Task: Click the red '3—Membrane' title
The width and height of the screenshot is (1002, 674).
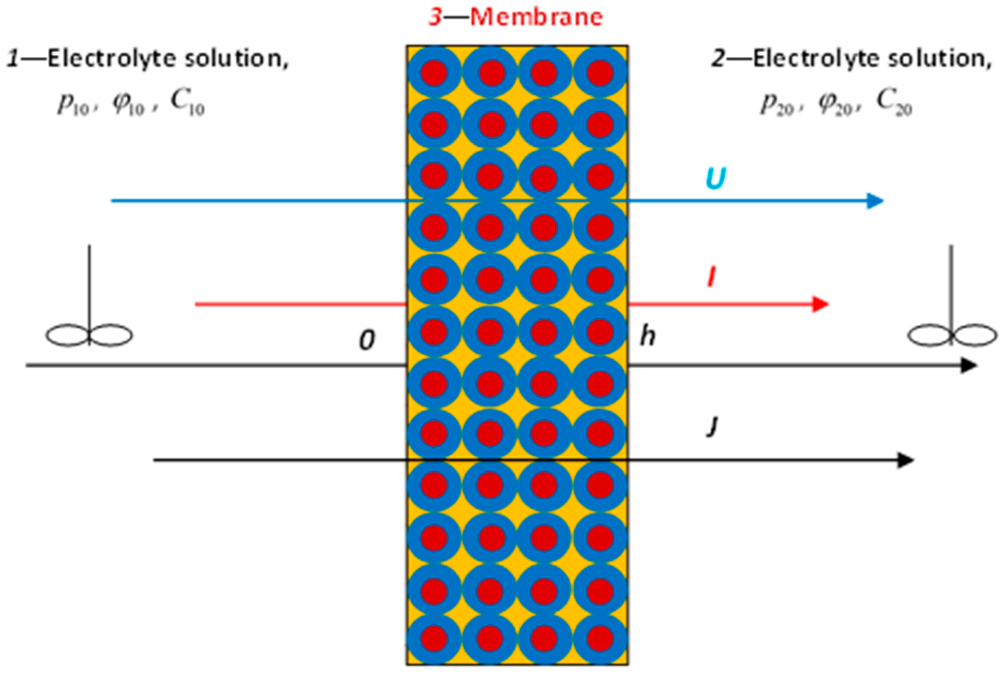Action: pos(516,17)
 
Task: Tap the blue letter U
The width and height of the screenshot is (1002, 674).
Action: pos(715,179)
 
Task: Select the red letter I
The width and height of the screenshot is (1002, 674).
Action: pos(712,277)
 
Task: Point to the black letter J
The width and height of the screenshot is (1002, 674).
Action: pos(713,427)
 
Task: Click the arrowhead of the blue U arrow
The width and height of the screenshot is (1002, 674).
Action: pos(875,201)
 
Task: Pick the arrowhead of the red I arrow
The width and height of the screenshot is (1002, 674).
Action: pos(820,304)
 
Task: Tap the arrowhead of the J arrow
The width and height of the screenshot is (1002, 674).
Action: pos(906,460)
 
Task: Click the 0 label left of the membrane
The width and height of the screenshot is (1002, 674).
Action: pos(367,340)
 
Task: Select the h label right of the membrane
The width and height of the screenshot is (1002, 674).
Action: pos(648,337)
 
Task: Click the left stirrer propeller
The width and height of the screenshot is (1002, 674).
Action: pos(89,335)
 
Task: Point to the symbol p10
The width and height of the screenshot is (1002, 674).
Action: pos(73,103)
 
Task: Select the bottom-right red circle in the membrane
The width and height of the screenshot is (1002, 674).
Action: pos(600,638)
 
